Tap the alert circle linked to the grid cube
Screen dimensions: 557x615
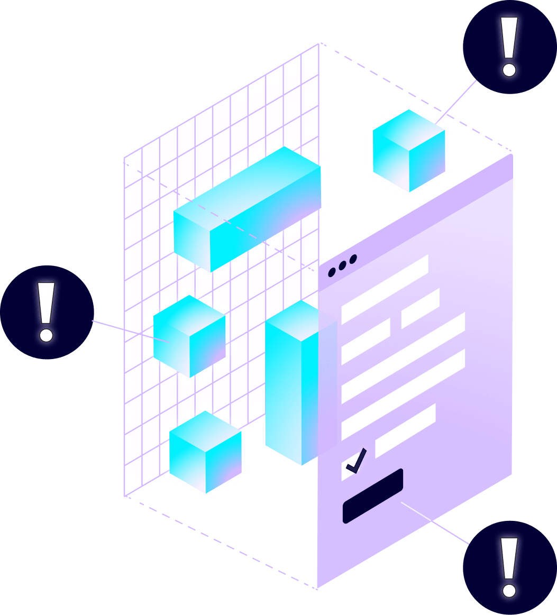pyautogui.click(x=47, y=312)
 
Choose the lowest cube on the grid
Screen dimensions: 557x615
pyautogui.click(x=205, y=452)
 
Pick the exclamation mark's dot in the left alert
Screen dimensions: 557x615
pyautogui.click(x=47, y=335)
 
